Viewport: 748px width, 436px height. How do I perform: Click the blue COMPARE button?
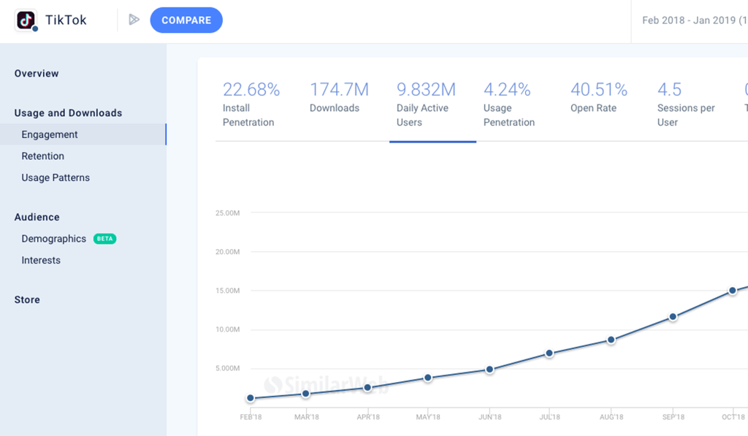(x=186, y=20)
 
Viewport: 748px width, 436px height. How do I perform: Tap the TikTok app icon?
(x=26, y=20)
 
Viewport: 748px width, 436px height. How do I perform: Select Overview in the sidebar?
(x=37, y=74)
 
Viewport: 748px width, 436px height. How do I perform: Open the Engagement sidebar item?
(x=50, y=134)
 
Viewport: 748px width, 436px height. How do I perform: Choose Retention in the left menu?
(x=43, y=156)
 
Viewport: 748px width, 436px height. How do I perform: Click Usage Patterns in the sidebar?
(x=56, y=177)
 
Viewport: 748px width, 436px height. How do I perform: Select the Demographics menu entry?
(x=54, y=239)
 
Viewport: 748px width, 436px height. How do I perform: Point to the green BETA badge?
(x=105, y=239)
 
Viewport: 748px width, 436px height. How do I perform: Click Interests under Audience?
(x=41, y=260)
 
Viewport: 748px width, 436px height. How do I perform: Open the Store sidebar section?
(x=27, y=299)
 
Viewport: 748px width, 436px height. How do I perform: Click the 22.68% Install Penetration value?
(x=251, y=90)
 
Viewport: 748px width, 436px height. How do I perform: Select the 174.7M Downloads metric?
(x=339, y=90)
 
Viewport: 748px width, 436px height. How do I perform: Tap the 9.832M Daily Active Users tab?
(x=426, y=90)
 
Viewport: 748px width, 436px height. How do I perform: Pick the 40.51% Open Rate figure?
(x=599, y=90)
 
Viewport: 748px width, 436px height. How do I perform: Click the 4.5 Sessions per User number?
(x=670, y=90)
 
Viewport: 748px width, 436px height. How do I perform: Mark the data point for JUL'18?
(x=549, y=353)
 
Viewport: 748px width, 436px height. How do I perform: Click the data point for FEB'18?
(x=251, y=398)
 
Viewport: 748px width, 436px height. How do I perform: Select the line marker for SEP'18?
(x=673, y=317)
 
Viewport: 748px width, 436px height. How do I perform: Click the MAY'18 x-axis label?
(x=428, y=417)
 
